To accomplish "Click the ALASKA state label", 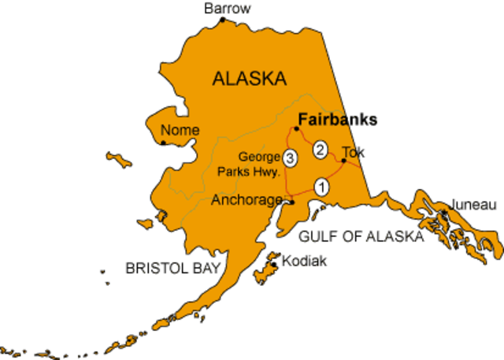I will point(248,78).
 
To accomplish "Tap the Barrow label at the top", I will point(227,8).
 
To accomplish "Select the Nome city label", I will point(180,130).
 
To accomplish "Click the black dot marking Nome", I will point(163,143).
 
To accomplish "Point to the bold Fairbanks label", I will point(337,120).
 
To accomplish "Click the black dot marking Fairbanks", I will point(296,128).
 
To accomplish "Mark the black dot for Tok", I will point(343,161).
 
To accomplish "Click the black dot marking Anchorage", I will point(291,202).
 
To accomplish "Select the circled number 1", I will point(321,187).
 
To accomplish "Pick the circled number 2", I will point(320,148).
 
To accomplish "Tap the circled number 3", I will point(291,158).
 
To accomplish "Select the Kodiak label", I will point(304,260).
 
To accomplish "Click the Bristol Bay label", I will point(171,268).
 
